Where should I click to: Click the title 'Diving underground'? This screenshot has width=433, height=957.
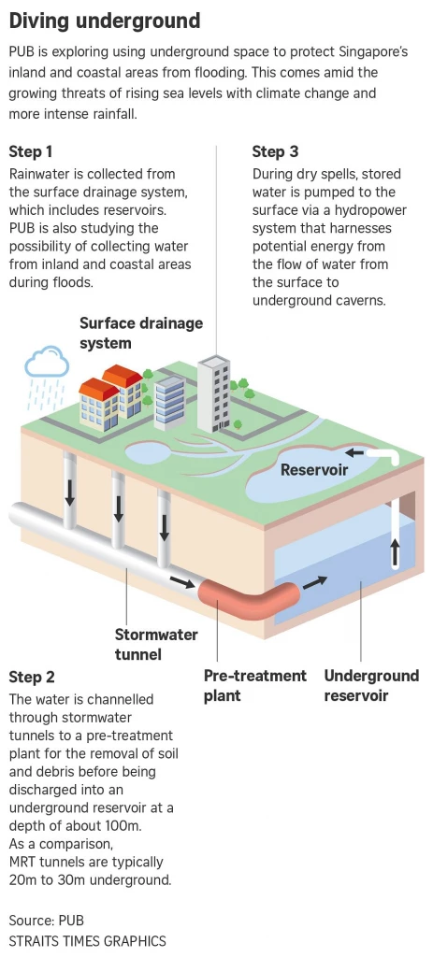coord(105,20)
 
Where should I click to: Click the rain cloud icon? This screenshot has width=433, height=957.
coord(48,362)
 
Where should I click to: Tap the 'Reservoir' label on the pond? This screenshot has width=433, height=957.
coord(314,470)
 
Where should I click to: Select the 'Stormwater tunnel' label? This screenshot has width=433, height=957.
coord(156,644)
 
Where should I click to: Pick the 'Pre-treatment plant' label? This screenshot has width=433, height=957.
coord(254,685)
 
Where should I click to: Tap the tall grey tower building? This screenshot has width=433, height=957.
coord(213,393)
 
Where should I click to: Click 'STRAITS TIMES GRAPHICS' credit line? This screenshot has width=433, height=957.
coord(87,940)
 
